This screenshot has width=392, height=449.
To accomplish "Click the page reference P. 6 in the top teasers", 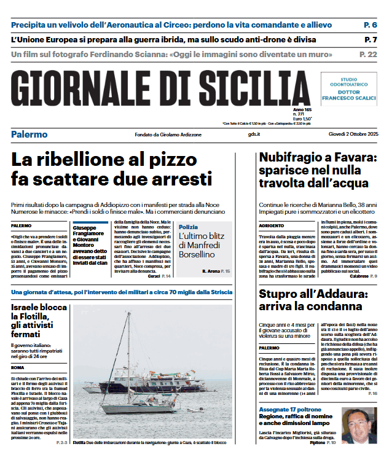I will click(x=370, y=25).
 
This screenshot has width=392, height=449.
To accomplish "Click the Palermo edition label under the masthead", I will click(x=29, y=135).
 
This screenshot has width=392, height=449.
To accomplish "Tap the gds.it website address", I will click(x=254, y=135).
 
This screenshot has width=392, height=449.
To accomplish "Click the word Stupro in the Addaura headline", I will click(x=282, y=294).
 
